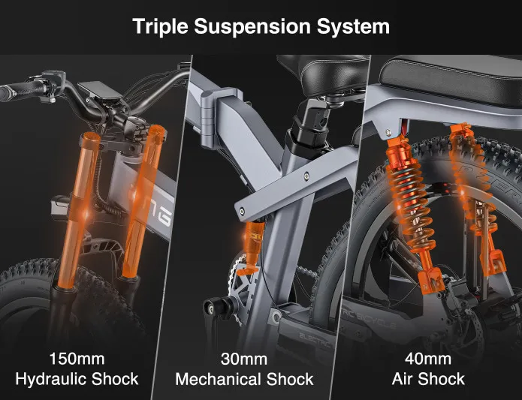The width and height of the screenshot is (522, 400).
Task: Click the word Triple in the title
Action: coord(161,26)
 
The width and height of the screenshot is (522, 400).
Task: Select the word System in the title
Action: coord(353,26)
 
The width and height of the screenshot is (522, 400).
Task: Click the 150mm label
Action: coord(77,359)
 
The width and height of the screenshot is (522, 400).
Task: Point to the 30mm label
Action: coord(244,359)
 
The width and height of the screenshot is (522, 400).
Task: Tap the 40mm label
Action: coord(428,359)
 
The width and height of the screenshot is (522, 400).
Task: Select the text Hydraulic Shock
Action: coord(77,379)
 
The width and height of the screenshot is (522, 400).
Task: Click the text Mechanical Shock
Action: coord(244,380)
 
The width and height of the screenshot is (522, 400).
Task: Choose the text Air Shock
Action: coord(428,379)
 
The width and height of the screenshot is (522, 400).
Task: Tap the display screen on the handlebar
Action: coord(100,91)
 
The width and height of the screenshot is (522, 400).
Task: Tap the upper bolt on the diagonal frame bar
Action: coord(306,176)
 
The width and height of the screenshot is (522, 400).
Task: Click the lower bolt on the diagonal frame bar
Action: coord(241,211)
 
